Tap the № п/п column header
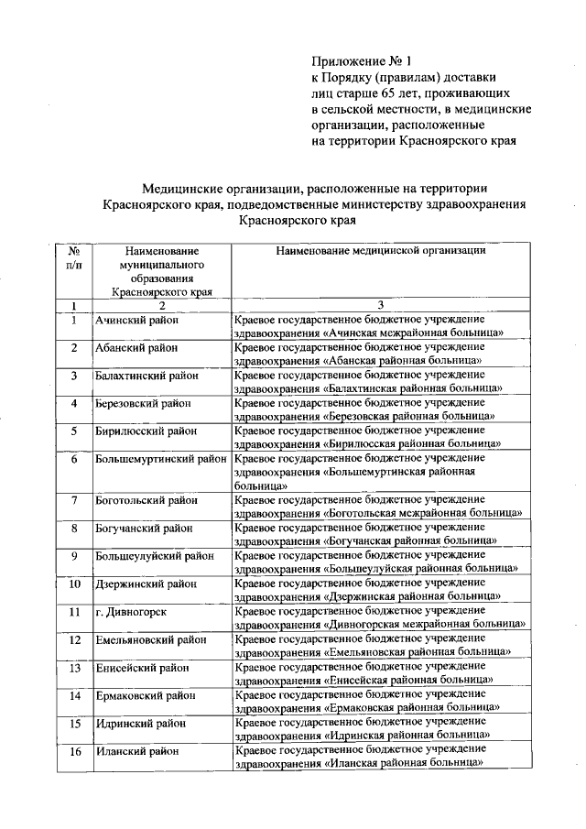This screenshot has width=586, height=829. point(73,256)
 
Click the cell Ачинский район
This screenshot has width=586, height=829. point(136,321)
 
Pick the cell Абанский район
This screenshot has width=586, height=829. point(136,348)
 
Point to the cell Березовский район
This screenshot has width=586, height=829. point(143,403)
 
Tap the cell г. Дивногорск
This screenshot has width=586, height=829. point(131,611)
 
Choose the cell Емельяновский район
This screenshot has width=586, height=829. point(149,639)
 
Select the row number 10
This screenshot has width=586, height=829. point(73,584)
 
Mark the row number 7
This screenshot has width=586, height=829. point(73,500)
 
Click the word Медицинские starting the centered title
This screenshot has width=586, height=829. point(188,187)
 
